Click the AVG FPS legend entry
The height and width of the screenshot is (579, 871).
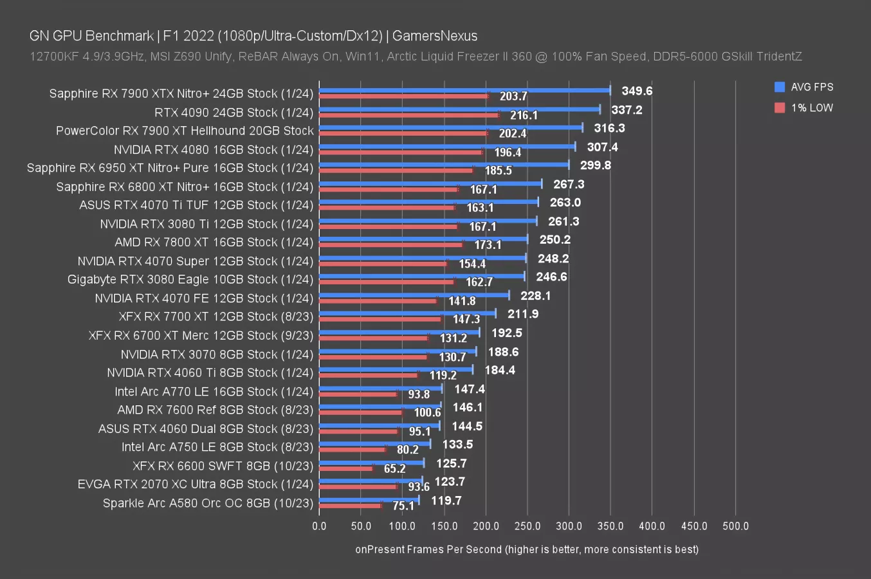point(811,87)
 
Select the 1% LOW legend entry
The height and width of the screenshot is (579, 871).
point(811,107)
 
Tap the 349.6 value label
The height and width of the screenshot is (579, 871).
point(637,91)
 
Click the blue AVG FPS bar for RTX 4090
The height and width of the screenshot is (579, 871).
point(459,109)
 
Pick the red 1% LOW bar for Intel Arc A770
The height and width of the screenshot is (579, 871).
point(358,394)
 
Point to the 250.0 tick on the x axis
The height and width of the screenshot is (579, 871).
point(527,526)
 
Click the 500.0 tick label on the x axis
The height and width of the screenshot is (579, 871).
point(735,526)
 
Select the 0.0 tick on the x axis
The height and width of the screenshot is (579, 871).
point(319,526)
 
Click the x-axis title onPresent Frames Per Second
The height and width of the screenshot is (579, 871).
point(526,549)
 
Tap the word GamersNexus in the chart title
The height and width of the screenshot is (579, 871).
point(435,36)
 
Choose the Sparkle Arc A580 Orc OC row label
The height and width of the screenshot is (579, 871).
point(208,503)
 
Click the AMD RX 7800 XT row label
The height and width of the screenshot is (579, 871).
point(214,243)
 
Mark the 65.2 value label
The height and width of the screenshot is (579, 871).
point(394,468)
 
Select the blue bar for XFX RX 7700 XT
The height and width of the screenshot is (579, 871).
point(407,313)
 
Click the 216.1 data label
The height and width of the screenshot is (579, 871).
point(524,115)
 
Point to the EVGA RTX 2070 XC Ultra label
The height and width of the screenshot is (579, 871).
point(195,484)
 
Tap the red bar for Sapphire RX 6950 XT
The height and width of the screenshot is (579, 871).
point(396,170)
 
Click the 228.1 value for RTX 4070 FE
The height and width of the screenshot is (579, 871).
point(535,295)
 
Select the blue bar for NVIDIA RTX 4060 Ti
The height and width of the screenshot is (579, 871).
point(396,369)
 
